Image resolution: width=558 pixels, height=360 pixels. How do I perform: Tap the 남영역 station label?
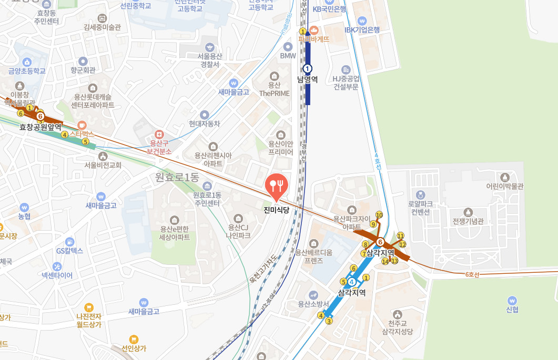[308, 79]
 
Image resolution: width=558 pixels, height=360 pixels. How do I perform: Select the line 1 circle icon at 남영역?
[308, 68]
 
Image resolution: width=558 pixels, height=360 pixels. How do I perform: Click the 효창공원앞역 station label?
[40, 127]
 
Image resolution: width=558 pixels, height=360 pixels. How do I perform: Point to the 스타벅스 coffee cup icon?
[82, 125]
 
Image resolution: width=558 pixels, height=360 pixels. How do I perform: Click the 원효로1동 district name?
[177, 178]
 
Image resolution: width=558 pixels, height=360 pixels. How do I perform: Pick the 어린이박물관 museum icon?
[505, 177]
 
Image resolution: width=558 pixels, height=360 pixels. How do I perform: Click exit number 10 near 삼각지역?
[379, 215]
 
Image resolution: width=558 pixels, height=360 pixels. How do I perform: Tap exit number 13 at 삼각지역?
[395, 261]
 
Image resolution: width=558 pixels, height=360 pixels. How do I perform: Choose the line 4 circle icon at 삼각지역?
[351, 282]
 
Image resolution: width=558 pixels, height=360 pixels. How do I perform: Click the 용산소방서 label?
[313, 304]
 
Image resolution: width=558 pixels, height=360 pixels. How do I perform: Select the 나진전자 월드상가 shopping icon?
[88, 307]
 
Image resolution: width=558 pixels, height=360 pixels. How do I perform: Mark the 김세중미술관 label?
[102, 27]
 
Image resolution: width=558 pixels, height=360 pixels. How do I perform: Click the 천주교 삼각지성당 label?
[398, 327]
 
